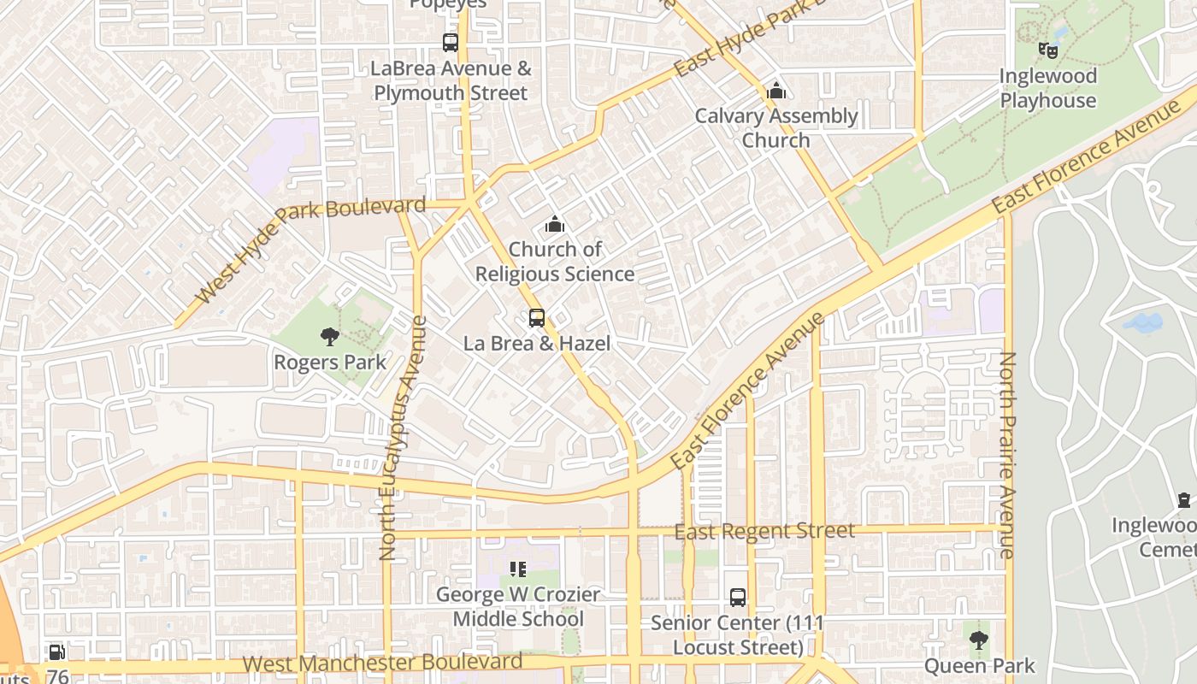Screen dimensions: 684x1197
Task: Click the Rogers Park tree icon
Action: click(329, 337)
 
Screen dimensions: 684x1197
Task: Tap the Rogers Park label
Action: click(329, 363)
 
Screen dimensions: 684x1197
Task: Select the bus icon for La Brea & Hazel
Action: click(537, 318)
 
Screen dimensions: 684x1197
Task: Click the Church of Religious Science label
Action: click(555, 262)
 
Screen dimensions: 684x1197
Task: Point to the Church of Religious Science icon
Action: click(555, 225)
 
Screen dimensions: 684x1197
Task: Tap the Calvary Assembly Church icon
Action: click(775, 90)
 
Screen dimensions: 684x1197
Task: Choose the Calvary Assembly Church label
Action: click(775, 128)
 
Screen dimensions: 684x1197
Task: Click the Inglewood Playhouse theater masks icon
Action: click(1047, 50)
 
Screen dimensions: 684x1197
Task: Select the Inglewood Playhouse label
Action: click(1047, 88)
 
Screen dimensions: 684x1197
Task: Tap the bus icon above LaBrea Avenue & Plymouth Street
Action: click(451, 42)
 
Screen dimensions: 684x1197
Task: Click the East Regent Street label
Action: click(764, 532)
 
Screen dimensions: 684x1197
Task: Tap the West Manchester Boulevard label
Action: click(382, 663)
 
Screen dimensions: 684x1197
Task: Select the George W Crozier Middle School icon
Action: click(517, 569)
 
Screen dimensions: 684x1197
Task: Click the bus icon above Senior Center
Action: click(737, 598)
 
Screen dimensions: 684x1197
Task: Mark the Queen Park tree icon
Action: click(978, 640)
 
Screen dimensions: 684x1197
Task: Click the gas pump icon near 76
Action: click(56, 652)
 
